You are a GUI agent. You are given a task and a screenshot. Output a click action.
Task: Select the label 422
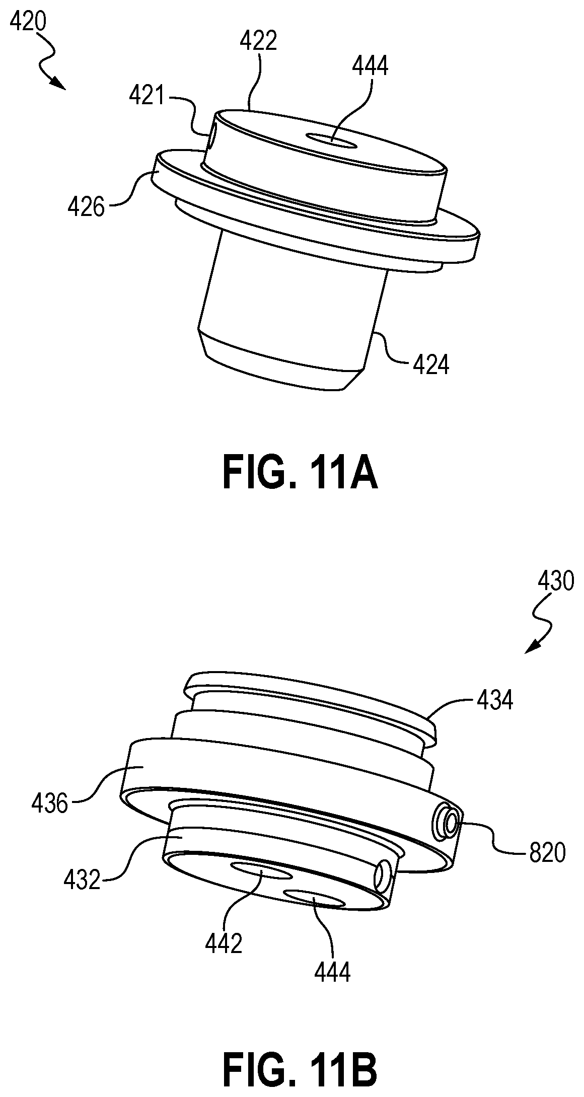pyautogui.click(x=258, y=41)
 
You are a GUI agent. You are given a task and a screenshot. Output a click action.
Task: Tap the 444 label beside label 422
pyautogui.click(x=370, y=66)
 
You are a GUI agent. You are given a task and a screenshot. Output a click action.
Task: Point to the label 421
pyautogui.click(x=147, y=95)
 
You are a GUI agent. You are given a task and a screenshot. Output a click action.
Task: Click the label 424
pyautogui.click(x=430, y=365)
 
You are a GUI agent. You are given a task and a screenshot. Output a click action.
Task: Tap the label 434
pyautogui.click(x=495, y=700)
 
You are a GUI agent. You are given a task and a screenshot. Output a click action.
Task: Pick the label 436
pyautogui.click(x=49, y=804)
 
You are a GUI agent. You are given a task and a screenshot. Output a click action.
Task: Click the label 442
pyautogui.click(x=224, y=943)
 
